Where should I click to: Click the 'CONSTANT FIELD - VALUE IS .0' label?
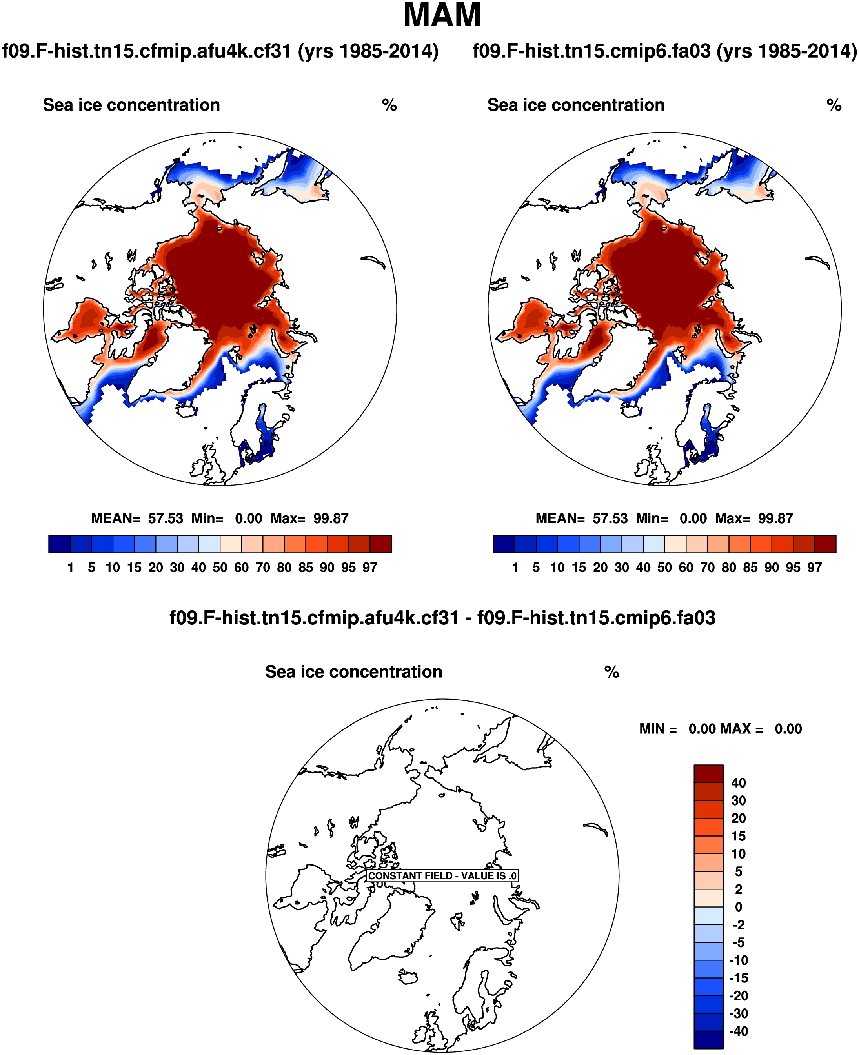point(442,876)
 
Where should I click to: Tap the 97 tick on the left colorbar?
point(369,568)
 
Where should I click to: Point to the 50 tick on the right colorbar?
point(664,568)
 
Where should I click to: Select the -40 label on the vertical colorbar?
point(738,1031)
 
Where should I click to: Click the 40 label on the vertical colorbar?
point(738,783)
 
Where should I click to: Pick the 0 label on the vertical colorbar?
point(738,907)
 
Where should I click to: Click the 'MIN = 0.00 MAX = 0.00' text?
point(720,729)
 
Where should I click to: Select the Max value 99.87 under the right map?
point(775,518)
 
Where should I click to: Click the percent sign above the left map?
point(389,105)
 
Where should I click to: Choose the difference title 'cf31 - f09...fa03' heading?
point(442,618)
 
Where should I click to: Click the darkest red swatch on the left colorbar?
point(380,544)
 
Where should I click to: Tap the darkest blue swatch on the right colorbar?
point(504,544)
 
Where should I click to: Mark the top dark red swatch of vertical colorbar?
point(708,773)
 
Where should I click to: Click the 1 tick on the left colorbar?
point(71,568)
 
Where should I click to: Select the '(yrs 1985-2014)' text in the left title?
point(368,51)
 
